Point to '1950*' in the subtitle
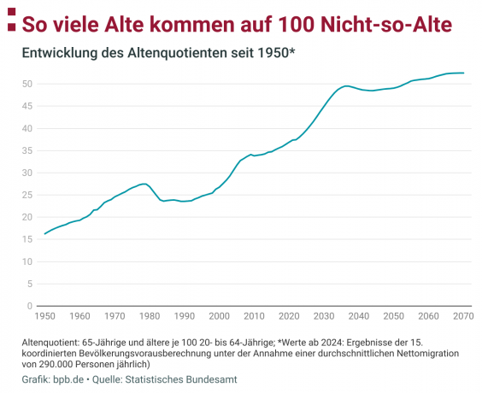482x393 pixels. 275,54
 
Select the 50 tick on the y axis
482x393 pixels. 27,84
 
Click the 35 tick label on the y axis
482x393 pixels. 27,150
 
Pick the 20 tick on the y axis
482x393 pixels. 27,217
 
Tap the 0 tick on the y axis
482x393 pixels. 30,306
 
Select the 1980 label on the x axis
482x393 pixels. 150,317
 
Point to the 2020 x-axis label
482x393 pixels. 289,317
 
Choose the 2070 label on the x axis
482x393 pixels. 463,317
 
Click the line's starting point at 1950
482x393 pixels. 44,233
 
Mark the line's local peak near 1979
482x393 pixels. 145,184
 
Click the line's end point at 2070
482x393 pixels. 463,73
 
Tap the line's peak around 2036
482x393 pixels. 345,85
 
